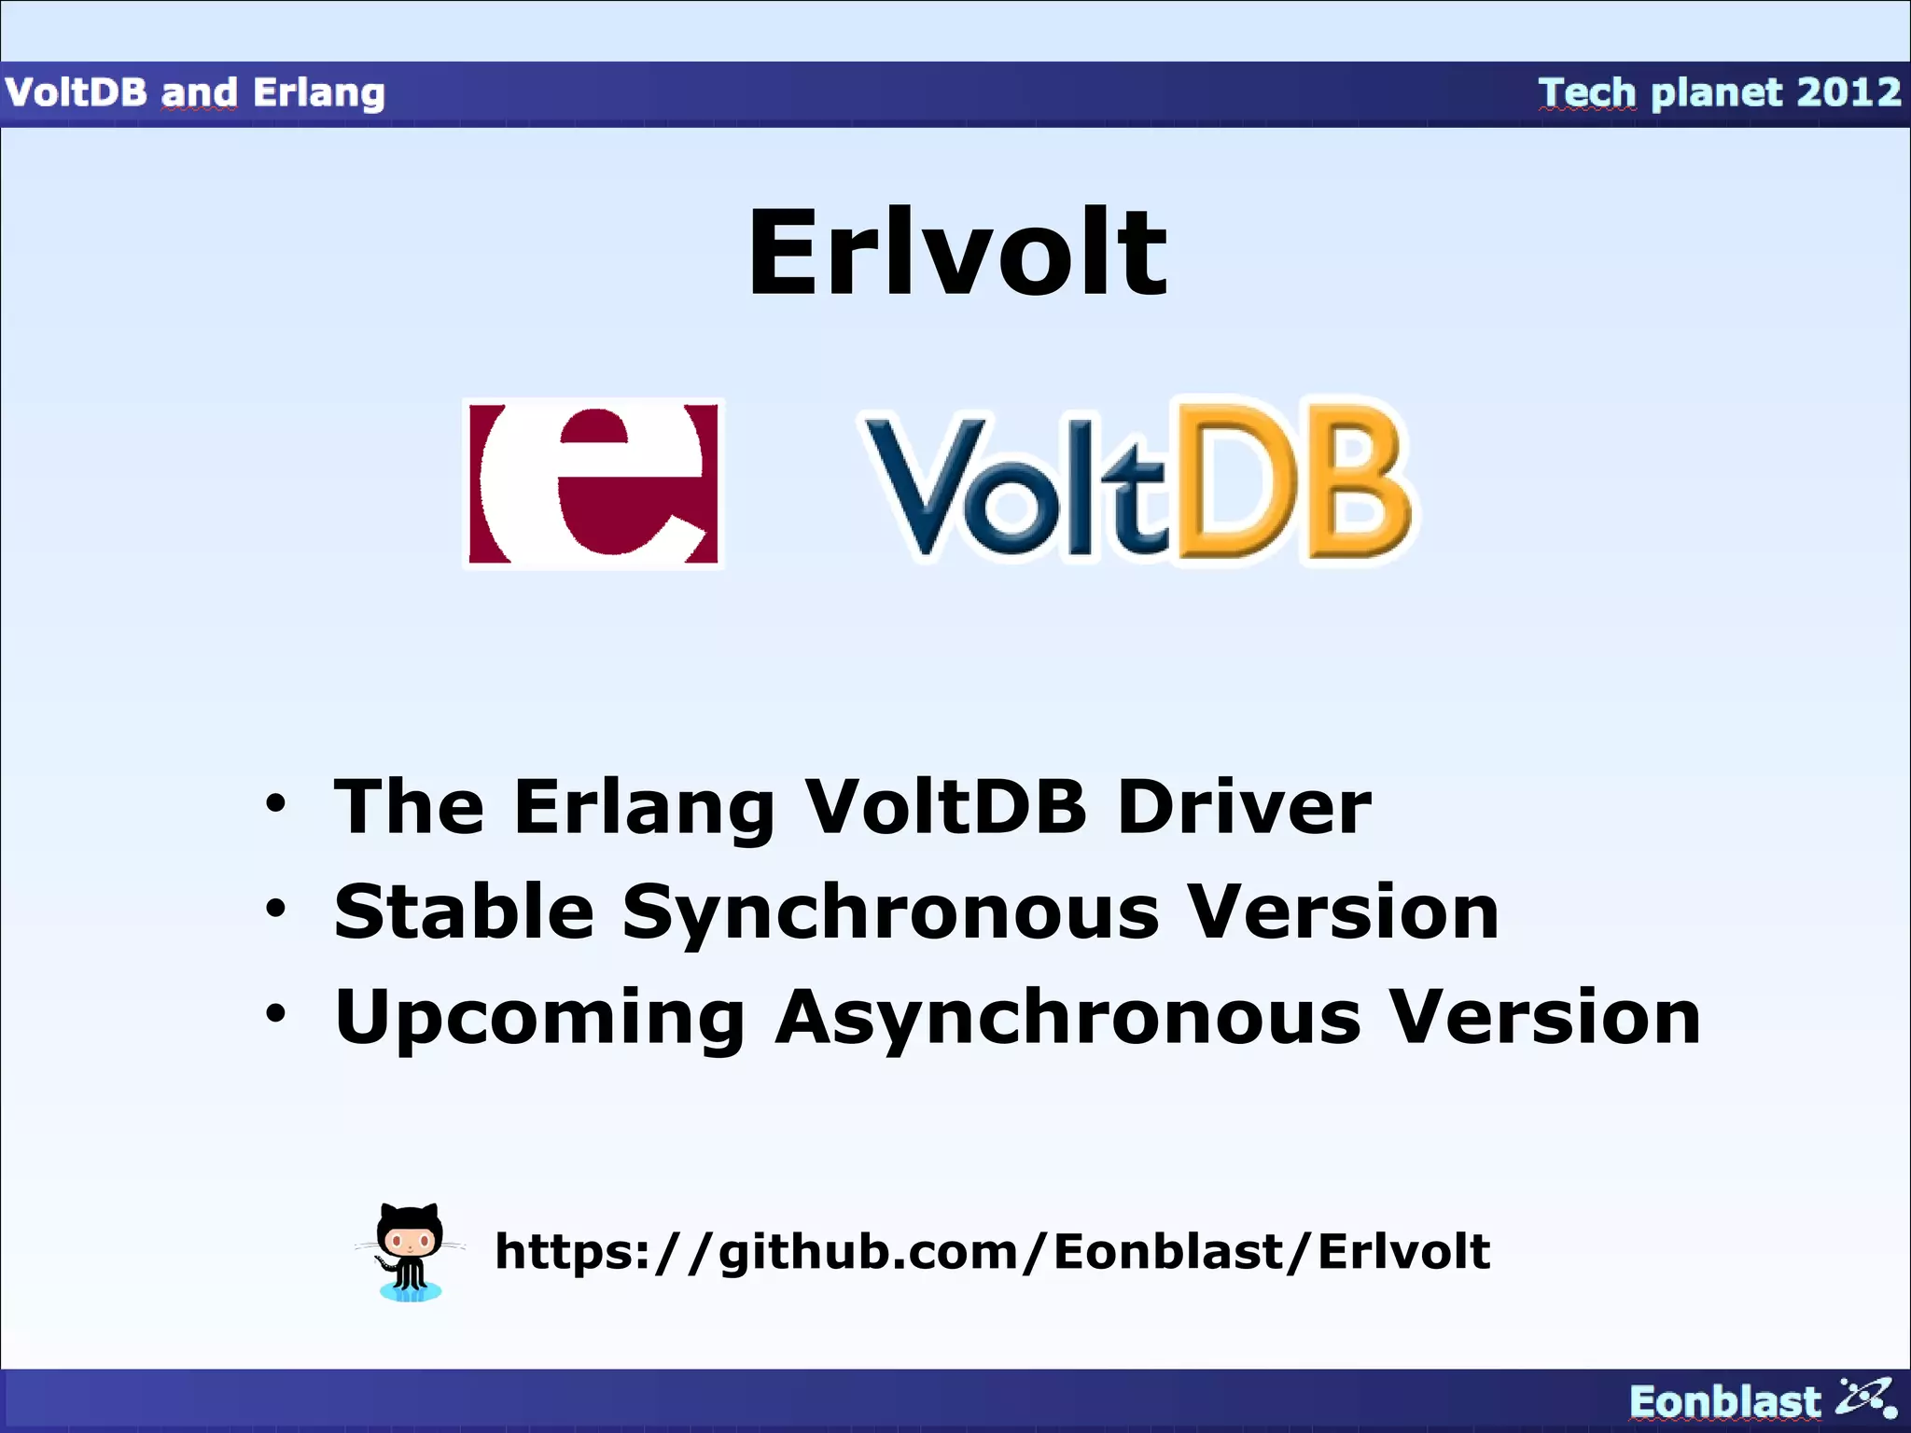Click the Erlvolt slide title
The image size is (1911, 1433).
(956, 254)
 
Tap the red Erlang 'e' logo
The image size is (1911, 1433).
(593, 483)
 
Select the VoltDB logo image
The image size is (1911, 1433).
(1136, 483)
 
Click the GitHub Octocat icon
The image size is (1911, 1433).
(410, 1251)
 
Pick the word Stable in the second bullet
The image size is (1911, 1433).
(464, 911)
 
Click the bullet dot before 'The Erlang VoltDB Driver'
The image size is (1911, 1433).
(275, 802)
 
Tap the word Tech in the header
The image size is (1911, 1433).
(1586, 92)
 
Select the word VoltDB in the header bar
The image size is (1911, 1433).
(77, 92)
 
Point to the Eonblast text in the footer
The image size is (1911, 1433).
(1724, 1402)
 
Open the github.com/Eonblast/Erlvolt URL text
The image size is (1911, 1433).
(992, 1251)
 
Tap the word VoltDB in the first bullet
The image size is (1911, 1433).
(946, 807)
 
